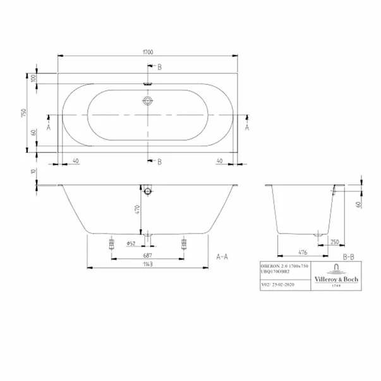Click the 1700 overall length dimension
(x=148, y=51)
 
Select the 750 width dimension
(x=23, y=111)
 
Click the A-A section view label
(x=222, y=257)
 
